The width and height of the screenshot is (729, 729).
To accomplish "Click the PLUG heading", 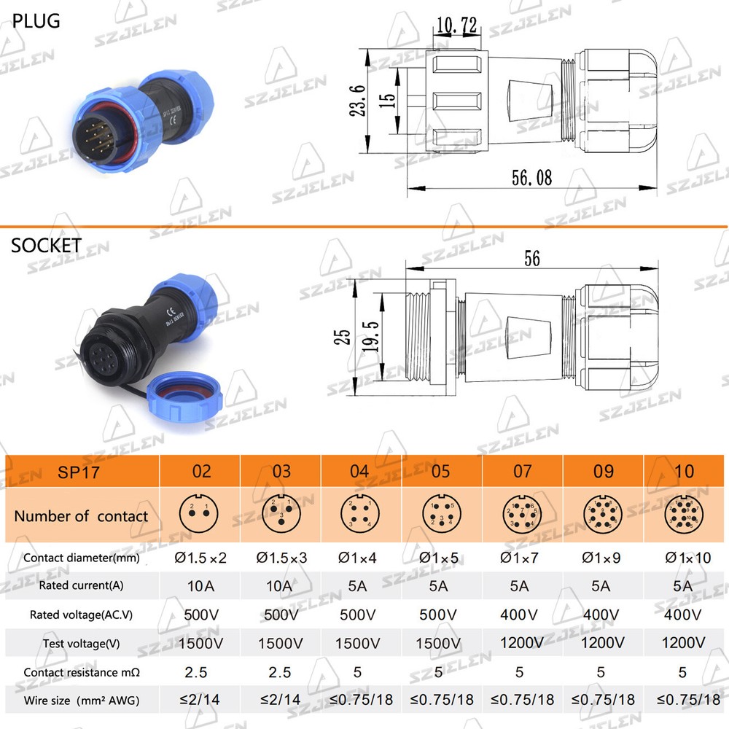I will [36, 20].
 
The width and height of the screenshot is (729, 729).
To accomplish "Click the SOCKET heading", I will [46, 245].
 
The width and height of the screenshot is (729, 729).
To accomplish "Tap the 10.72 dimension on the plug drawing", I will [456, 26].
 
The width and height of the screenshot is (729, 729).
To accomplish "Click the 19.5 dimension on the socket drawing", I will [371, 335].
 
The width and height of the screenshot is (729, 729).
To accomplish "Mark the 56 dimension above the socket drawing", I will [531, 258].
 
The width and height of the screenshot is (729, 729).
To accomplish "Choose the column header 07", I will [522, 471].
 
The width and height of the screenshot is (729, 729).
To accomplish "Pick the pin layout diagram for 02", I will [199, 515].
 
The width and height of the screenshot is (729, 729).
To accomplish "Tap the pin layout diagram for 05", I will [441, 515].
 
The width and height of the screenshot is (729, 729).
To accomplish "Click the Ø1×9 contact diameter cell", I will [603, 558].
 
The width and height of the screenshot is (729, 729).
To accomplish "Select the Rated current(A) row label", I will [81, 585].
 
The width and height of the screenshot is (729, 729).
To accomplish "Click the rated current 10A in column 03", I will [279, 585].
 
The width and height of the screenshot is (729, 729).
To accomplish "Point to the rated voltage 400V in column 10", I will [683, 614].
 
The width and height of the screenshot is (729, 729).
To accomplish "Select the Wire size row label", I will [81, 701].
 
